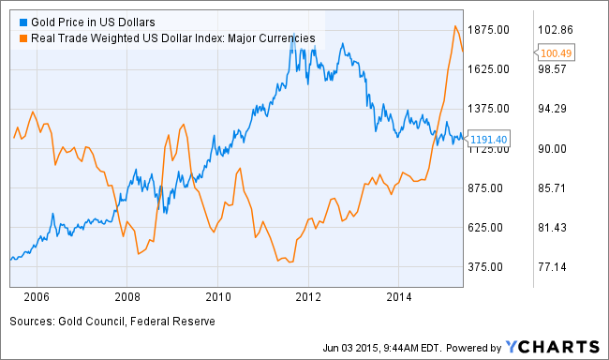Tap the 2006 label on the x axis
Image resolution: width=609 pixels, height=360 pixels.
36,297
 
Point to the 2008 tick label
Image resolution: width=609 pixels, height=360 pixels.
126,297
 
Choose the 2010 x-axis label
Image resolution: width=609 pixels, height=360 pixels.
218,297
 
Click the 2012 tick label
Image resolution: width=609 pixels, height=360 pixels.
309,297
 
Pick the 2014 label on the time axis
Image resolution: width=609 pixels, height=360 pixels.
400,297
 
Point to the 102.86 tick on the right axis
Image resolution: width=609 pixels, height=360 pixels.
554,30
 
